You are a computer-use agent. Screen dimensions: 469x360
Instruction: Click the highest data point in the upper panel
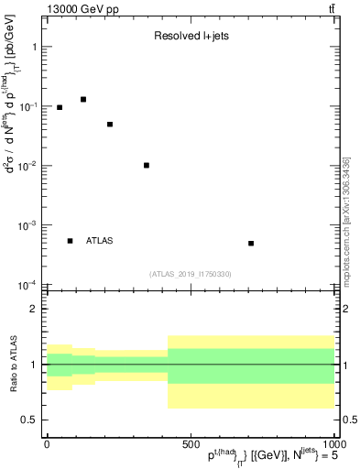[82, 99]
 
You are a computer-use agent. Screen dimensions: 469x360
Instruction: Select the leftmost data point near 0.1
[60, 107]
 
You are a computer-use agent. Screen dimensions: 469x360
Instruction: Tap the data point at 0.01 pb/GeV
[147, 166]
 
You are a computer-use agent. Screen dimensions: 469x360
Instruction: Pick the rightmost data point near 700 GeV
[251, 244]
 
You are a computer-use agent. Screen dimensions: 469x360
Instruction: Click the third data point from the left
[110, 125]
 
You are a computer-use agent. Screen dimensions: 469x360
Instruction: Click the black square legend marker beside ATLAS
[70, 241]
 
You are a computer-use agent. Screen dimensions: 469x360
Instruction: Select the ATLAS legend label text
[99, 241]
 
